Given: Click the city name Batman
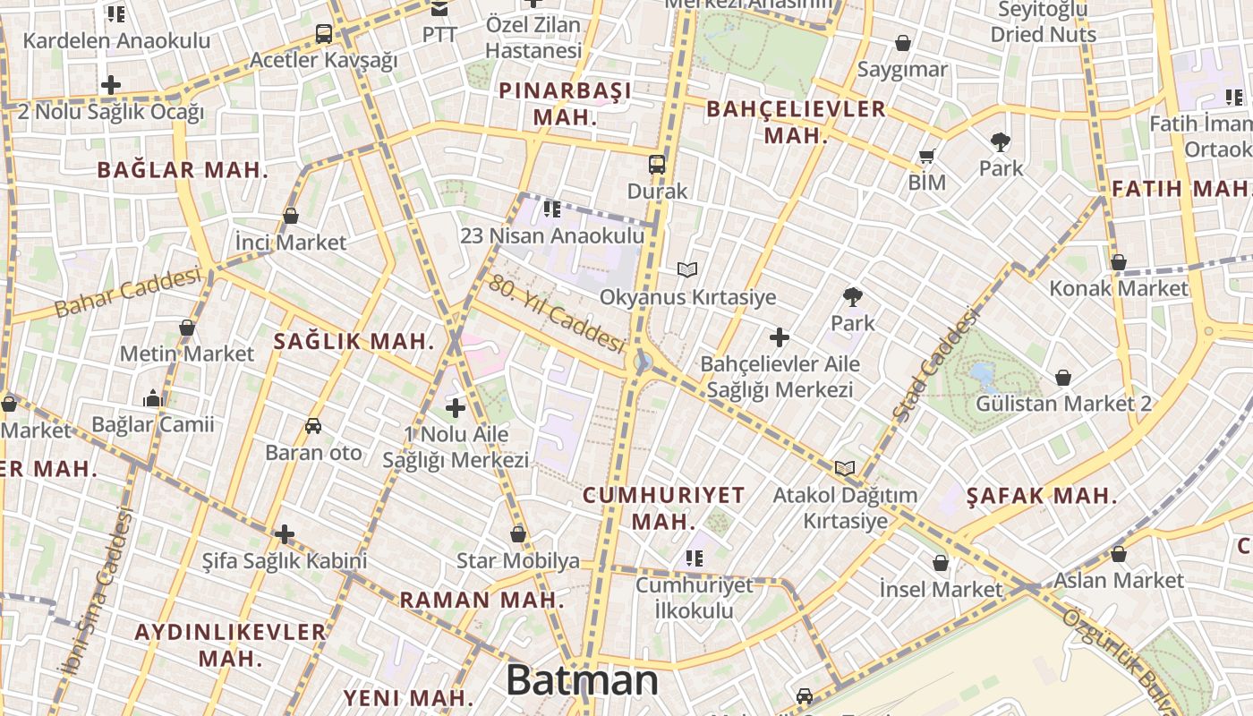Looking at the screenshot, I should pyautogui.click(x=582, y=681).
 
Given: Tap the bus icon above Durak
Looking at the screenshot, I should pyautogui.click(x=657, y=164).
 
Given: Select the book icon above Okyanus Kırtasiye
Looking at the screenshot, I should pyautogui.click(x=687, y=269).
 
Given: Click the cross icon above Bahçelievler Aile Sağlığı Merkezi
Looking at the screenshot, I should pyautogui.click(x=780, y=337).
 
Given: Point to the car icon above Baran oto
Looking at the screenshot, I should pyautogui.click(x=313, y=426).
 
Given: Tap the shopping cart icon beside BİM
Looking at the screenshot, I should pyautogui.click(x=927, y=157).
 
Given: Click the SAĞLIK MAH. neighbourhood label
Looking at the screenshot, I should pyautogui.click(x=354, y=341).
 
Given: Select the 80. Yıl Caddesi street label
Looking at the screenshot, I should pyautogui.click(x=556, y=312).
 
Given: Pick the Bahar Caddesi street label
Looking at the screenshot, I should pyautogui.click(x=127, y=293).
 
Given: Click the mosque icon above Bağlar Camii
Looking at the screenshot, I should pyautogui.click(x=153, y=398).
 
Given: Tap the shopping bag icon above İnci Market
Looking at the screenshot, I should pyautogui.click(x=291, y=216).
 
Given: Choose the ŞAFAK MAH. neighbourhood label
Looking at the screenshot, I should pyautogui.click(x=1042, y=496).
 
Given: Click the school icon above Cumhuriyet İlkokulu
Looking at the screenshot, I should pyautogui.click(x=694, y=558).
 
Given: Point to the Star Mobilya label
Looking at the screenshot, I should pyautogui.click(x=518, y=561).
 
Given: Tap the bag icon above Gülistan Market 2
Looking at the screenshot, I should pyautogui.click(x=1063, y=378).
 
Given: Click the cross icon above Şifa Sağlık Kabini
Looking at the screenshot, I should pyautogui.click(x=285, y=535).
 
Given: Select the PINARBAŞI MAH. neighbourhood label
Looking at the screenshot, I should pyautogui.click(x=565, y=104).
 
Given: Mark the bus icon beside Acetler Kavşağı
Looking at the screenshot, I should pyautogui.click(x=324, y=34).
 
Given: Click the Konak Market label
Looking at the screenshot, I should pyautogui.click(x=1119, y=288).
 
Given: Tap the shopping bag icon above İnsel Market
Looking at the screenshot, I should pyautogui.click(x=941, y=563).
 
